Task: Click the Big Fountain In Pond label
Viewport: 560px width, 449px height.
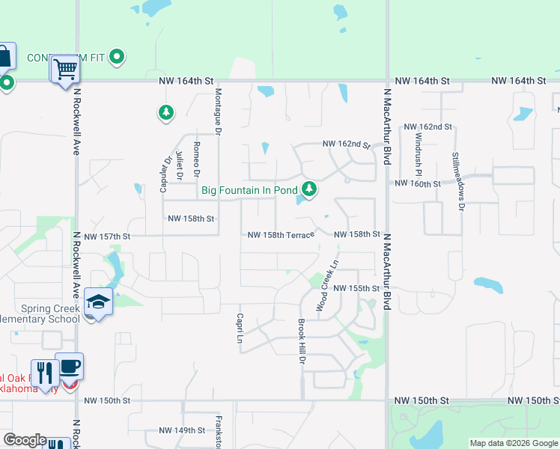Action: click(x=249, y=190)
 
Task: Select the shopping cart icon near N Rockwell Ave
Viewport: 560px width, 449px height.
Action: click(x=66, y=70)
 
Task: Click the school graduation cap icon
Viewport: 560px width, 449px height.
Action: click(x=98, y=302)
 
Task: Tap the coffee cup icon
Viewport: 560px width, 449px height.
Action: click(x=70, y=367)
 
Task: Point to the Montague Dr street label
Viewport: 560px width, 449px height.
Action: click(x=218, y=112)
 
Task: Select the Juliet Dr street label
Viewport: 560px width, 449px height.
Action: click(x=179, y=165)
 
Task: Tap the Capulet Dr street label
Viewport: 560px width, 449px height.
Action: click(x=165, y=174)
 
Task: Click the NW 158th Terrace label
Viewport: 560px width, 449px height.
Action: click(x=281, y=235)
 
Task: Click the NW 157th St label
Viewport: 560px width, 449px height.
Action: click(x=107, y=236)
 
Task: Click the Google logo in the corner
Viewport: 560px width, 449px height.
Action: click(x=25, y=440)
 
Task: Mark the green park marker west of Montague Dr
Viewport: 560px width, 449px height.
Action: click(x=165, y=113)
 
